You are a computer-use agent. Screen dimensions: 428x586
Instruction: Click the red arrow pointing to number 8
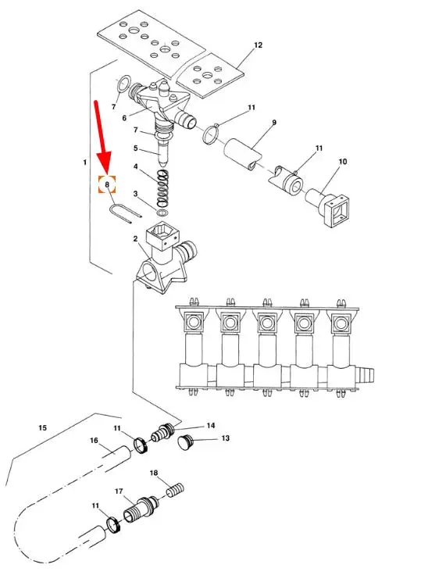point(102,137)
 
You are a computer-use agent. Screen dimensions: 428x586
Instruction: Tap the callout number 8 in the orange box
point(107,184)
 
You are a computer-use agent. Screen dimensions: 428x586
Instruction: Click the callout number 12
point(258,45)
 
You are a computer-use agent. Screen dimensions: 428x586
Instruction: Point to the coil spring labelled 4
point(163,188)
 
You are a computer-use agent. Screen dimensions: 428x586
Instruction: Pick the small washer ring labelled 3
point(162,213)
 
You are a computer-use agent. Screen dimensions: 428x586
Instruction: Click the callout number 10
point(342,162)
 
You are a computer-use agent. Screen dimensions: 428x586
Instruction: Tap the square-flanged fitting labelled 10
point(329,207)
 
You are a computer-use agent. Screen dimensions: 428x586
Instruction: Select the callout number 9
point(274,122)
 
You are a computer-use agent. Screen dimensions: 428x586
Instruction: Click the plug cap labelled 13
point(184,443)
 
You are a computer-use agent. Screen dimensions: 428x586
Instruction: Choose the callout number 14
point(211,426)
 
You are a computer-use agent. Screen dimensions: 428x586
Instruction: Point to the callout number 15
point(43,427)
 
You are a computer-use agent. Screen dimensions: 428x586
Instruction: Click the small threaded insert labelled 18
point(175,490)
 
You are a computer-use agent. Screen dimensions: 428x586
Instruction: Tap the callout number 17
point(119,491)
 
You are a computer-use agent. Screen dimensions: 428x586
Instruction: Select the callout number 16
point(94,441)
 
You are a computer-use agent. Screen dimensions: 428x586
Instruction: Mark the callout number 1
point(85,163)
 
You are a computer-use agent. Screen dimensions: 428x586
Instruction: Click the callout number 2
point(135,239)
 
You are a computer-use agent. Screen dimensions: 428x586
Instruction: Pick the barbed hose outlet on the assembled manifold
point(366,374)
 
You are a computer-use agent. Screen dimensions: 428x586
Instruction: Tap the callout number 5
point(136,148)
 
